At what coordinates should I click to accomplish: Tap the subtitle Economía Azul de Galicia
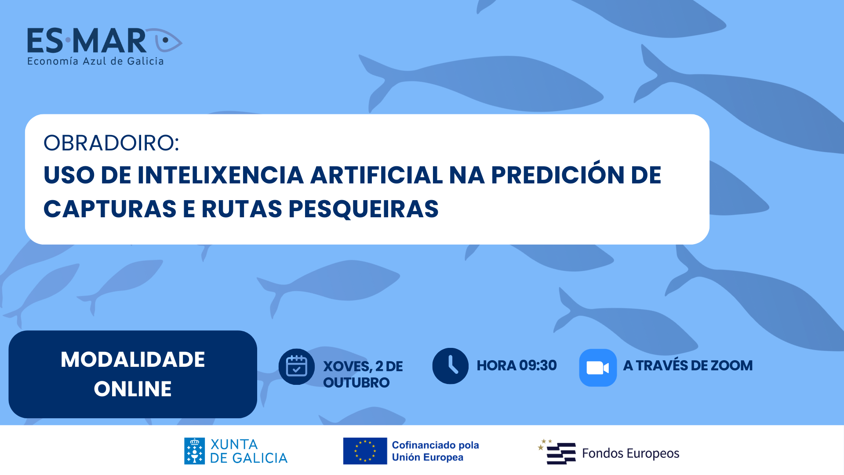(95, 61)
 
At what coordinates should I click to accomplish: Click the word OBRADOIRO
(111, 143)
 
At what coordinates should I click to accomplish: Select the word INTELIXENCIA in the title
(221, 175)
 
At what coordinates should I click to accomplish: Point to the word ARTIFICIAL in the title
(376, 175)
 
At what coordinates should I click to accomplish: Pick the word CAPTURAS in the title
(110, 209)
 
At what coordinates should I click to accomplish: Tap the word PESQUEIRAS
(364, 209)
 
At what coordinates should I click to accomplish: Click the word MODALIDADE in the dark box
(133, 359)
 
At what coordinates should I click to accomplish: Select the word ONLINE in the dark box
(133, 389)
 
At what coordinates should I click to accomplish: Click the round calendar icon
(297, 367)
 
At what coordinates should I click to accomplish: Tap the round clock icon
(451, 366)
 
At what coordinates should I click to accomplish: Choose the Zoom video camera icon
(598, 368)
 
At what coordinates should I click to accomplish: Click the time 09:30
(538, 365)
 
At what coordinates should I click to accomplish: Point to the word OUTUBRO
(357, 383)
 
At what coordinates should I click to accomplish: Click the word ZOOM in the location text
(732, 365)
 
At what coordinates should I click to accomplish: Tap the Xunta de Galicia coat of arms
(194, 451)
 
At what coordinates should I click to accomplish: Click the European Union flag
(365, 451)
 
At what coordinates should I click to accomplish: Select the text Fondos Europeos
(631, 453)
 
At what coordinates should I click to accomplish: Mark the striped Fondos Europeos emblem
(557, 452)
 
